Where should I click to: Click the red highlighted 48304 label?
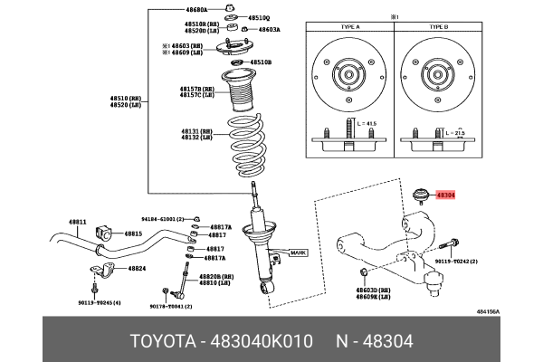click(x=446, y=194)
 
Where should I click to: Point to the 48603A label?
click(x=270, y=29)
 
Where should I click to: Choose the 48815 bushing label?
click(x=133, y=233)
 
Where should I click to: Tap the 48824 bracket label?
click(x=137, y=269)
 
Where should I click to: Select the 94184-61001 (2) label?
click(x=162, y=219)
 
